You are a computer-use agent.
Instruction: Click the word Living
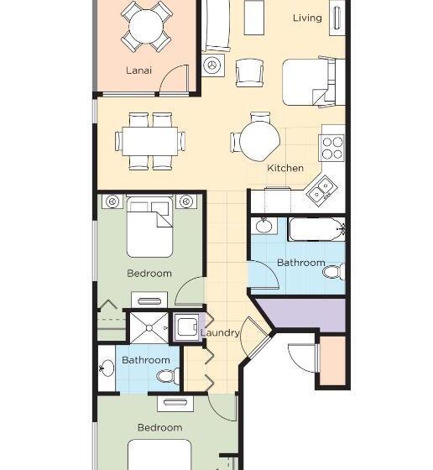pos(307,18)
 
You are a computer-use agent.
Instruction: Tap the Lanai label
pos(138,70)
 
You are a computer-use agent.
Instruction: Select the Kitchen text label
pos(285,168)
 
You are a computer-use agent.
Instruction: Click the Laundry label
pos(220,332)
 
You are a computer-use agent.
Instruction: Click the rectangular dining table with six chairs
pos(151,140)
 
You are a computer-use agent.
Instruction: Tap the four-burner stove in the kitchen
pos(332,148)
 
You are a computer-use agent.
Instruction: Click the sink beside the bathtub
pos(264,226)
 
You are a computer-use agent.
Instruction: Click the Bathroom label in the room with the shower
pos(145,360)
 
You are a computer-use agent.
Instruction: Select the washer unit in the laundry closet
pos(185,326)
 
